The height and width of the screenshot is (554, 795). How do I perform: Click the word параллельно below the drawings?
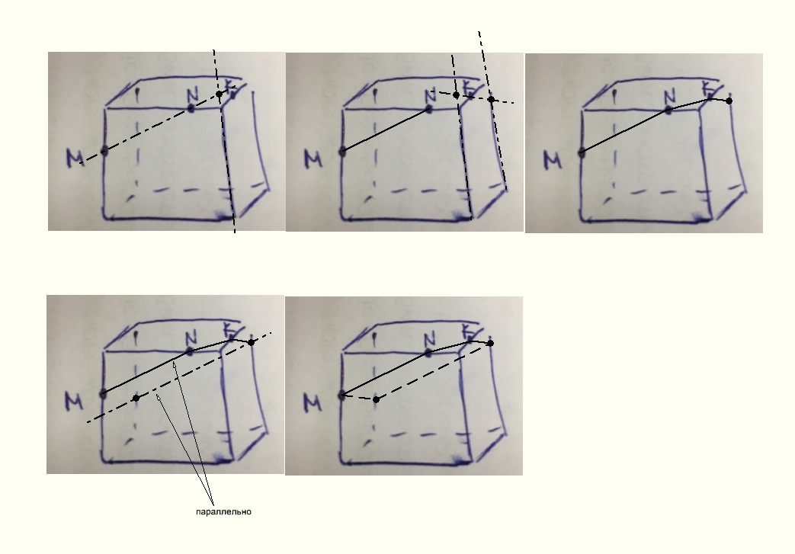(x=223, y=512)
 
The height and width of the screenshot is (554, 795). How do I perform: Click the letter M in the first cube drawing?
(x=75, y=159)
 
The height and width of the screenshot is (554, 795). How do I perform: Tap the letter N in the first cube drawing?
(x=192, y=94)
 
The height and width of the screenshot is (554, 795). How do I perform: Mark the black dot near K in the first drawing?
(x=220, y=94)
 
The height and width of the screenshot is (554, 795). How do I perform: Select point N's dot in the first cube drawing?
(x=191, y=108)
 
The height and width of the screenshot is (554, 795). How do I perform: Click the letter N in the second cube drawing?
(x=431, y=94)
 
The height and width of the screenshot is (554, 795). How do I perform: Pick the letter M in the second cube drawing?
(x=313, y=159)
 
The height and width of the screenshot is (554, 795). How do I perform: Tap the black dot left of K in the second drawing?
(x=457, y=94)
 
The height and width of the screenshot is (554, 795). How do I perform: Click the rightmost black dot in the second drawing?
(x=491, y=99)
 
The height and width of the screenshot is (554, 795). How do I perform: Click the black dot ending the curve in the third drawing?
(x=729, y=101)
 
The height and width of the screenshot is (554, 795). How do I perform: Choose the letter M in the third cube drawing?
(x=553, y=160)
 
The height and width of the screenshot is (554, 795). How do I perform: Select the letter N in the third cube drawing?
(x=670, y=96)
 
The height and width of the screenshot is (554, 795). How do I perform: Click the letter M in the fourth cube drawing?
(x=74, y=402)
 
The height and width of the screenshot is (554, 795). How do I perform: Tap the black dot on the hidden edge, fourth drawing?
(x=136, y=398)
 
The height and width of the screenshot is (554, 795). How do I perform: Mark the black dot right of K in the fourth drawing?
(x=251, y=343)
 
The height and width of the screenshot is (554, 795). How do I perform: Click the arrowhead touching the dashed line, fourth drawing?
(x=158, y=397)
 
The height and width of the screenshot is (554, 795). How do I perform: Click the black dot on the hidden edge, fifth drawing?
(x=376, y=399)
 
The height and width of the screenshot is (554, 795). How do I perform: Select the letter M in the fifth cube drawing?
(x=313, y=403)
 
